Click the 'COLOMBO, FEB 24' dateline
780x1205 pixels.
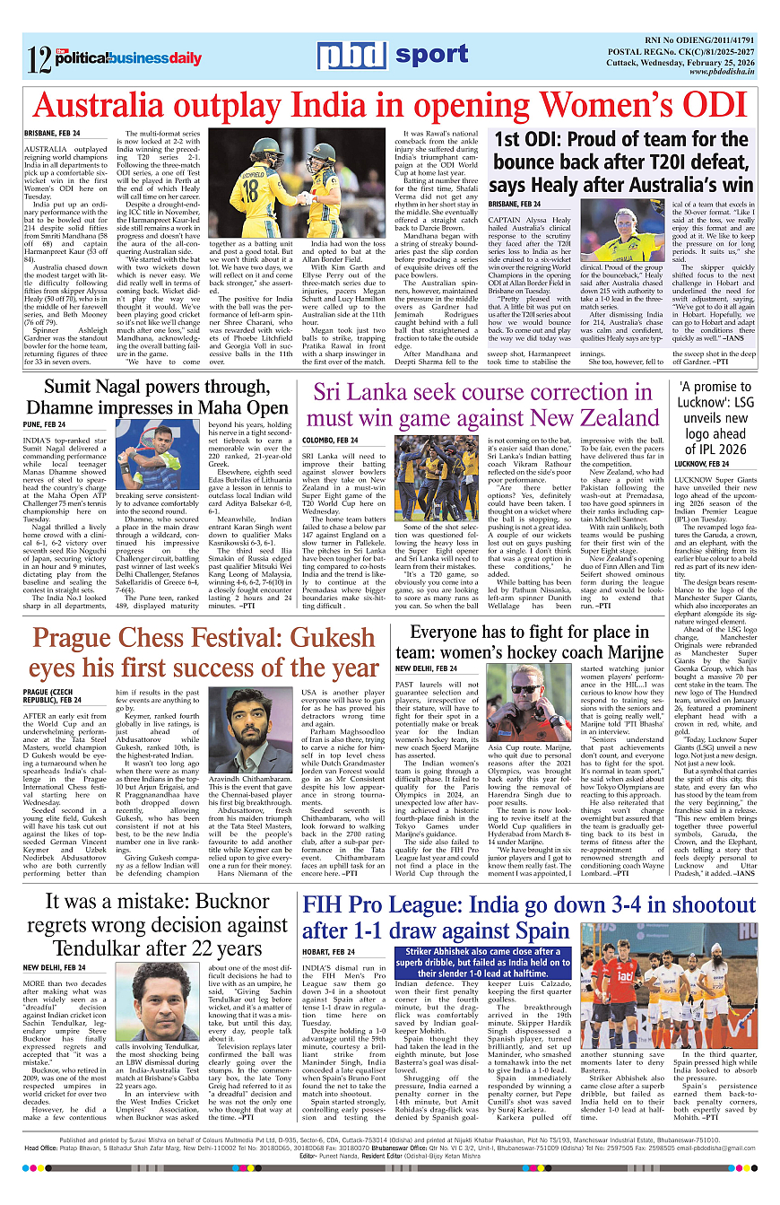(331, 441)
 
